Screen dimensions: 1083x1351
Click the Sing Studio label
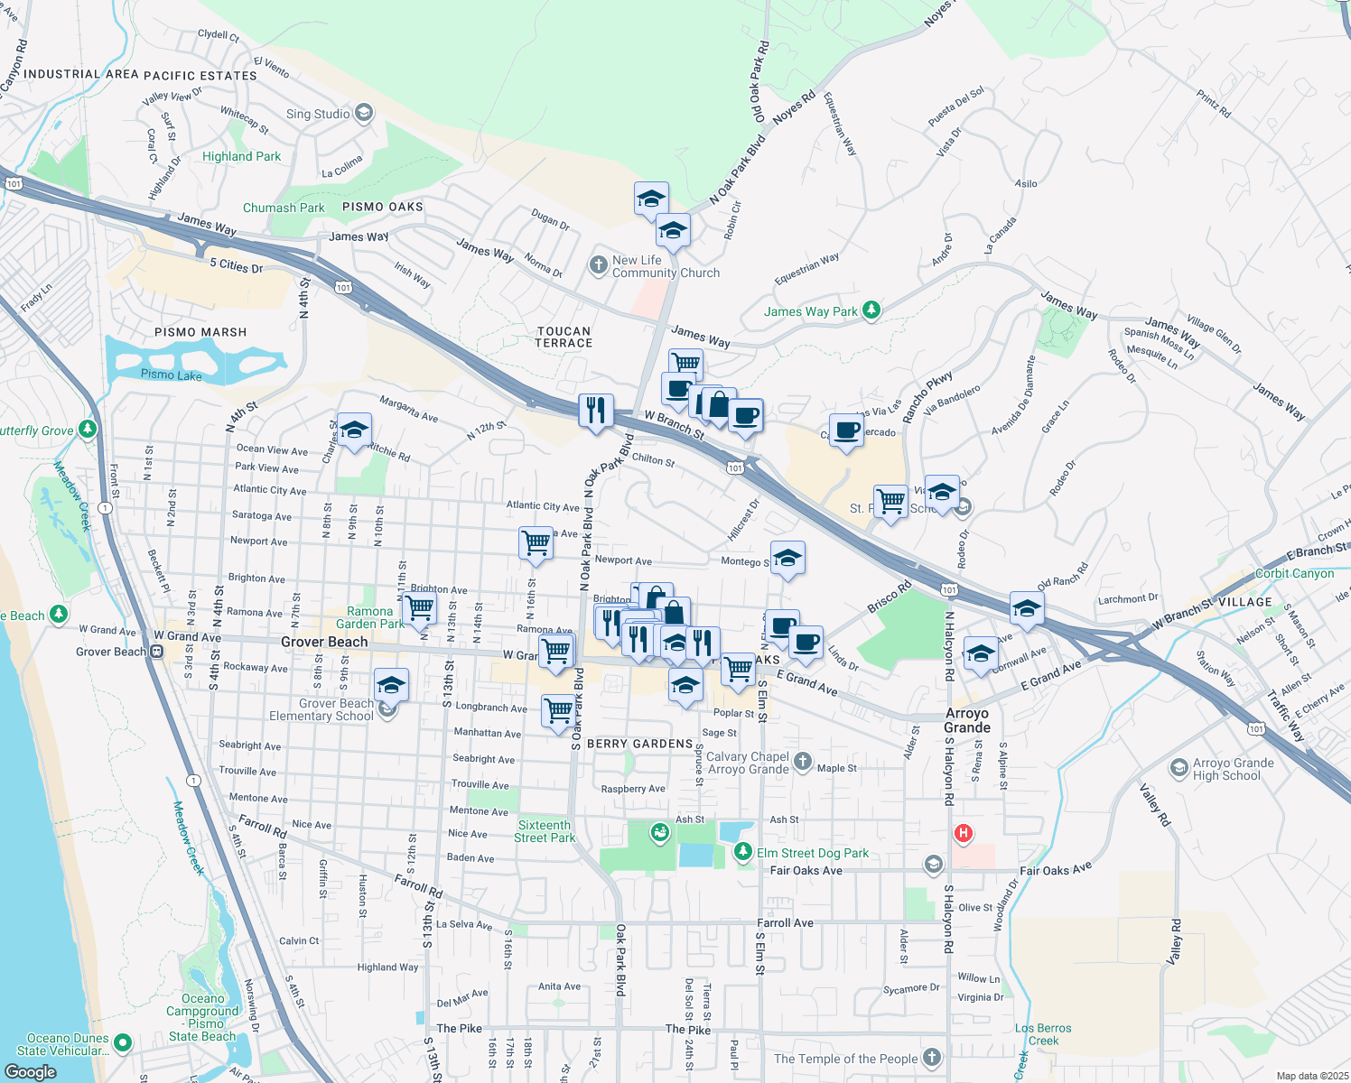click(x=318, y=114)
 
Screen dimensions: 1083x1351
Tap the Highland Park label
click(x=241, y=156)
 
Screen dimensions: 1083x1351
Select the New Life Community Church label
click(x=666, y=266)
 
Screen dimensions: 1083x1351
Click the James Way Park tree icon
click(x=871, y=310)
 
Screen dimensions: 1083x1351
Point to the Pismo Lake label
click(x=172, y=375)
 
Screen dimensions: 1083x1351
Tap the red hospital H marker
click(x=964, y=833)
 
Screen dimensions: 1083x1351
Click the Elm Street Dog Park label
click(x=813, y=853)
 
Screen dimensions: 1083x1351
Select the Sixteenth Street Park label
click(x=545, y=831)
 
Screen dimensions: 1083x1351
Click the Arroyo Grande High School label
click(x=1233, y=769)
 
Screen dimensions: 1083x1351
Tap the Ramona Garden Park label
click(x=370, y=617)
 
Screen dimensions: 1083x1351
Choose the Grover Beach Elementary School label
click(x=321, y=709)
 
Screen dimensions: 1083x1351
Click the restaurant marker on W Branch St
click(x=596, y=411)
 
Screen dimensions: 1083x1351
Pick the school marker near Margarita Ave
click(x=354, y=430)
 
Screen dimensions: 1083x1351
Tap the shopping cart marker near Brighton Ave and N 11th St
click(x=419, y=607)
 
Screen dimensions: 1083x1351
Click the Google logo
click(x=31, y=1071)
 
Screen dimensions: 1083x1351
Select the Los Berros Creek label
click(x=1043, y=1034)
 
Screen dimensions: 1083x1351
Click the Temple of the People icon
click(x=932, y=1058)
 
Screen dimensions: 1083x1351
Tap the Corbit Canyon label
click(x=1294, y=573)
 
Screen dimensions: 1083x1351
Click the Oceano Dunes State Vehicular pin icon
click(x=123, y=1043)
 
